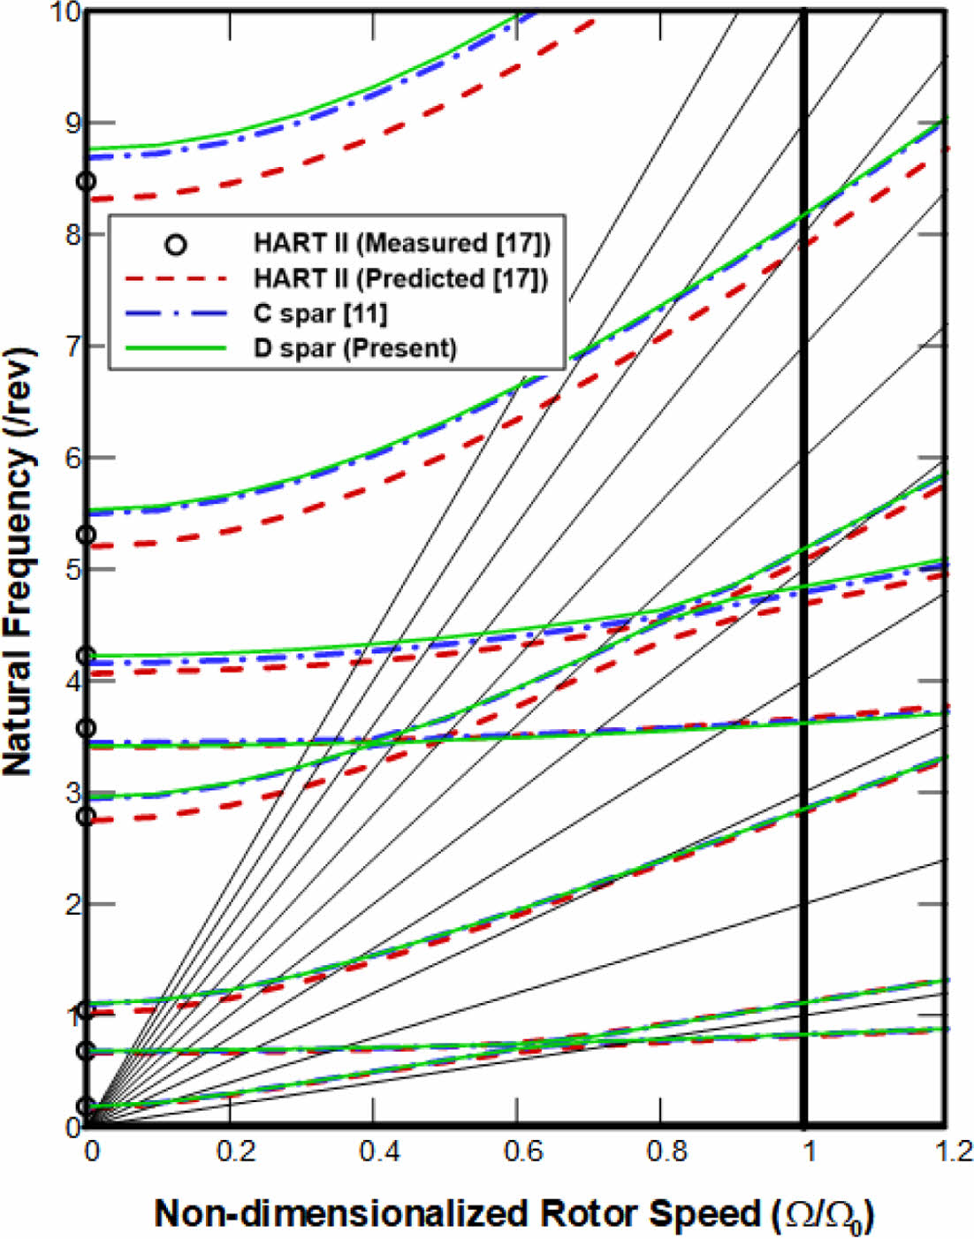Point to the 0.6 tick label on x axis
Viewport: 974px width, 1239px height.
pyautogui.click(x=522, y=1151)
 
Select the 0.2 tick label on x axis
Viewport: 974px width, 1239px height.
pyautogui.click(x=235, y=1151)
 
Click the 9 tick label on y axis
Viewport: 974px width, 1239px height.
pyautogui.click(x=70, y=123)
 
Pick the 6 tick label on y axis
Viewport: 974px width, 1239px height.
pyautogui.click(x=70, y=458)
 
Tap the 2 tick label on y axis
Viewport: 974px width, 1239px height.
pyautogui.click(x=70, y=904)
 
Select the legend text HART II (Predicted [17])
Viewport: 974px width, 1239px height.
pyautogui.click(x=400, y=278)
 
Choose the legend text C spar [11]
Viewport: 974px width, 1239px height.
pyautogui.click(x=320, y=313)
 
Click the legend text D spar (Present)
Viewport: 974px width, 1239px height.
pyautogui.click(x=355, y=348)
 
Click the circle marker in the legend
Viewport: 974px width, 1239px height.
pyautogui.click(x=177, y=244)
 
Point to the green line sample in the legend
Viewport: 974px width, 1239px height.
pyautogui.click(x=177, y=348)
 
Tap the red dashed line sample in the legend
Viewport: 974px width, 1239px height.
pyautogui.click(x=177, y=278)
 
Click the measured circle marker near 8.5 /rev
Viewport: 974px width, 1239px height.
pyautogui.click(x=86, y=181)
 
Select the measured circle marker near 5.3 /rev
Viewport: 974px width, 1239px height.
pyautogui.click(x=86, y=535)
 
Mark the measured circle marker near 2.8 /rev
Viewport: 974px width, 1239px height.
pyautogui.click(x=86, y=816)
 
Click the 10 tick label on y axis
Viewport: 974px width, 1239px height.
pyautogui.click(x=64, y=12)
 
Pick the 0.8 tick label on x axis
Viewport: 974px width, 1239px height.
pyautogui.click(x=666, y=1151)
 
